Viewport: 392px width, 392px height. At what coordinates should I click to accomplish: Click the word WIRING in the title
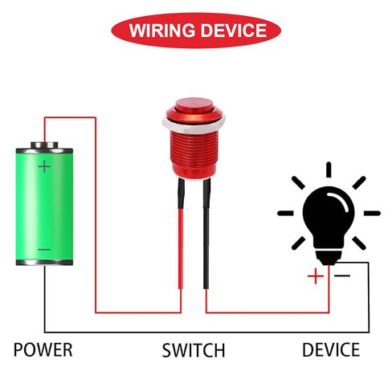pos(162,31)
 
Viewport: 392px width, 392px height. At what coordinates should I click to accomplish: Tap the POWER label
pos(43,349)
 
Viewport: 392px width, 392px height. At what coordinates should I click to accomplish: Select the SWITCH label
pos(194,350)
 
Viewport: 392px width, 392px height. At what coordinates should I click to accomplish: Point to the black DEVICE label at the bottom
pos(331,349)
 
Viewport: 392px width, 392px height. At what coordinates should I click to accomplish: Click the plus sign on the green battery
pos(44,166)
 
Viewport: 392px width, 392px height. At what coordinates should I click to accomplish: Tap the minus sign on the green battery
pos(44,250)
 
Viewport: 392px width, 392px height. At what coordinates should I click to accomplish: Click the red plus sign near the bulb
pos(316,276)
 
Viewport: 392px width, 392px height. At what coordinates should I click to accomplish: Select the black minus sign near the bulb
pos(342,276)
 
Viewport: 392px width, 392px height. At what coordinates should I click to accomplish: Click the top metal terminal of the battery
pos(44,145)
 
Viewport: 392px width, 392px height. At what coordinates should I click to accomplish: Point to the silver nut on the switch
pos(194,125)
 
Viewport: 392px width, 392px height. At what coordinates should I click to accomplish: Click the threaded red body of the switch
pos(194,154)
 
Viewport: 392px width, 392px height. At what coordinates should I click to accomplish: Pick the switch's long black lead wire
pos(206,234)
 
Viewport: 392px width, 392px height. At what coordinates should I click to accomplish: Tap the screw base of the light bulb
pos(329,258)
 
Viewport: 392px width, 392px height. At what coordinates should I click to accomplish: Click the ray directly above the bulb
pos(329,169)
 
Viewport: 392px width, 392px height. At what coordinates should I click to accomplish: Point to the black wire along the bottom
pos(206,333)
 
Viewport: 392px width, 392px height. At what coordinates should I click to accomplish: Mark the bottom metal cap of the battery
pos(44,263)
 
